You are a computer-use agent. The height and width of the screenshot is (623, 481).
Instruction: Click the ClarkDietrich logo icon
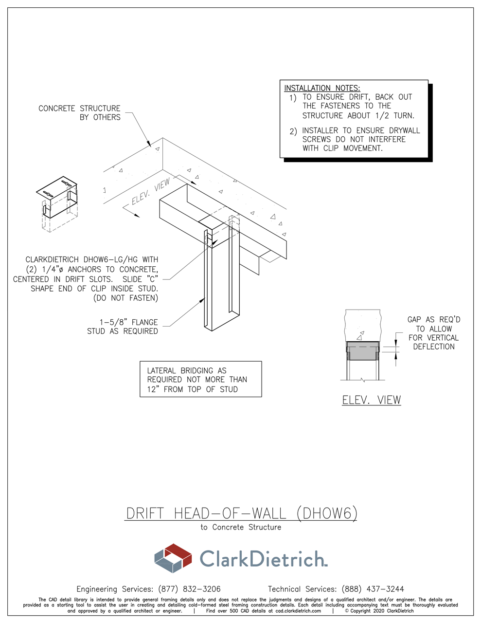173,558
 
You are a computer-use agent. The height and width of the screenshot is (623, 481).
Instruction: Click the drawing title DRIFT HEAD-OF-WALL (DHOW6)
241,513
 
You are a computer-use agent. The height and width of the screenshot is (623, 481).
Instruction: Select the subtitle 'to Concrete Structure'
241,527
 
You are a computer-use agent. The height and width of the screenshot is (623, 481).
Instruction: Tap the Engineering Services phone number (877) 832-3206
189,589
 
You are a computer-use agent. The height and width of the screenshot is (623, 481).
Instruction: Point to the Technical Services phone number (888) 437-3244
373,589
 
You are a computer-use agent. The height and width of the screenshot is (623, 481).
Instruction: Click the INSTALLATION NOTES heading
322,88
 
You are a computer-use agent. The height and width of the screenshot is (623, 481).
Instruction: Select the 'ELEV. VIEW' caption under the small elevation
372,400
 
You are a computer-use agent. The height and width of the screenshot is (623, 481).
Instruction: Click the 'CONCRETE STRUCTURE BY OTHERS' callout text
80,112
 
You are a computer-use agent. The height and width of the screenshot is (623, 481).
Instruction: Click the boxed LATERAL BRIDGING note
200,380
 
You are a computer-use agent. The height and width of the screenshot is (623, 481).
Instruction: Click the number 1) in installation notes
293,98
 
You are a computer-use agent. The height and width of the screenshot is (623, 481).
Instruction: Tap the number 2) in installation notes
293,131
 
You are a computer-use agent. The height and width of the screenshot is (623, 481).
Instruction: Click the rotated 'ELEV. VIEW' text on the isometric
151,192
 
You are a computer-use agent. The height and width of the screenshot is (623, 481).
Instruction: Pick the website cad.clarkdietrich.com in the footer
298,611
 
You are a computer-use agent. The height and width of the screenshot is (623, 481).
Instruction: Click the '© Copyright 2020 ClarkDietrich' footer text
379,611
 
